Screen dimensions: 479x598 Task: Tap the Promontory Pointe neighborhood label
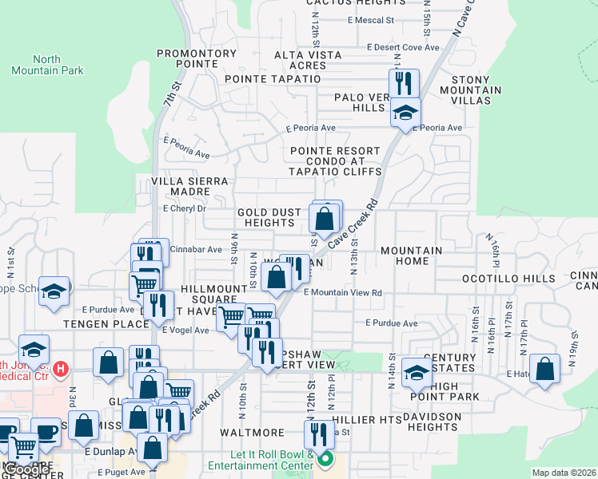(x=197, y=59)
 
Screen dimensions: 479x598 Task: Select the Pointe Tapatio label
(x=273, y=79)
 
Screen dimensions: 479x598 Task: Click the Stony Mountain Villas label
(x=476, y=90)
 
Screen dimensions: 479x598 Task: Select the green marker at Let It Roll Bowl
(x=325, y=460)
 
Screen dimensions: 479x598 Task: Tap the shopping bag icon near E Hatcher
(x=545, y=370)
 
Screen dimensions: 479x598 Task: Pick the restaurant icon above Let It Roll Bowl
(x=318, y=434)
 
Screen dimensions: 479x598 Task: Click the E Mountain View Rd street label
(x=342, y=293)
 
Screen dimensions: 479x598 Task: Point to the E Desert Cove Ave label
(x=403, y=47)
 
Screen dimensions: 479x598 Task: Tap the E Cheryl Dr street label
(x=184, y=208)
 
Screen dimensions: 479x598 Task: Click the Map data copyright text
(x=563, y=473)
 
